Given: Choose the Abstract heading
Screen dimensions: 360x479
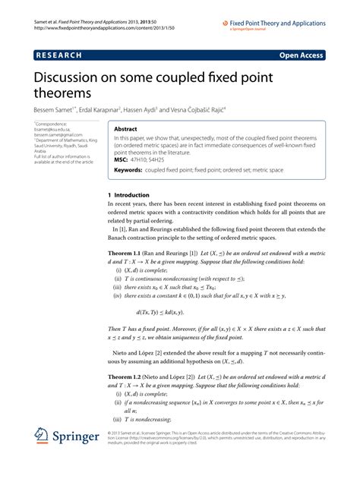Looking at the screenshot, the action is (125, 130).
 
